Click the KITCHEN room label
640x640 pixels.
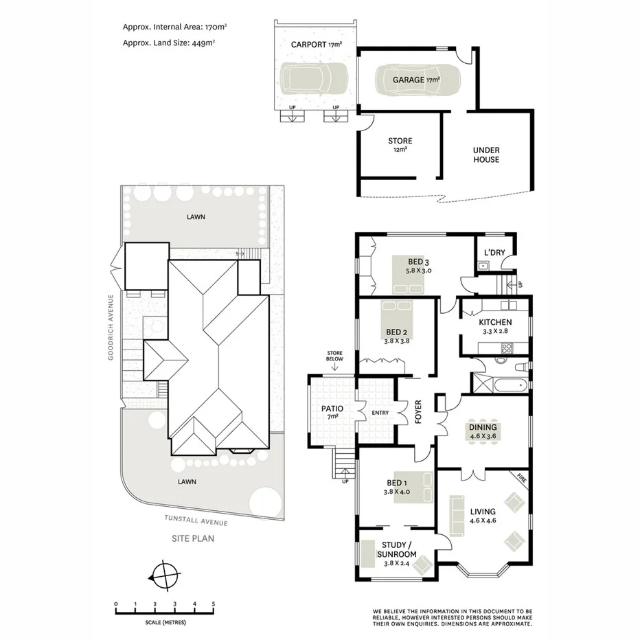point(495,321)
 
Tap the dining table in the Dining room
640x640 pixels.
point(483,431)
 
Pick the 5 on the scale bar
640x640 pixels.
point(214,604)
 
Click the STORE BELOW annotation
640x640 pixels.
point(335,356)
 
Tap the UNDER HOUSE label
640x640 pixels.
point(486,155)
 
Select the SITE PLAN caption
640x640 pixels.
point(192,538)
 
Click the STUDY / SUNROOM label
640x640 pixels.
point(398,549)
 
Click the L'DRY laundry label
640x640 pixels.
point(494,252)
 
